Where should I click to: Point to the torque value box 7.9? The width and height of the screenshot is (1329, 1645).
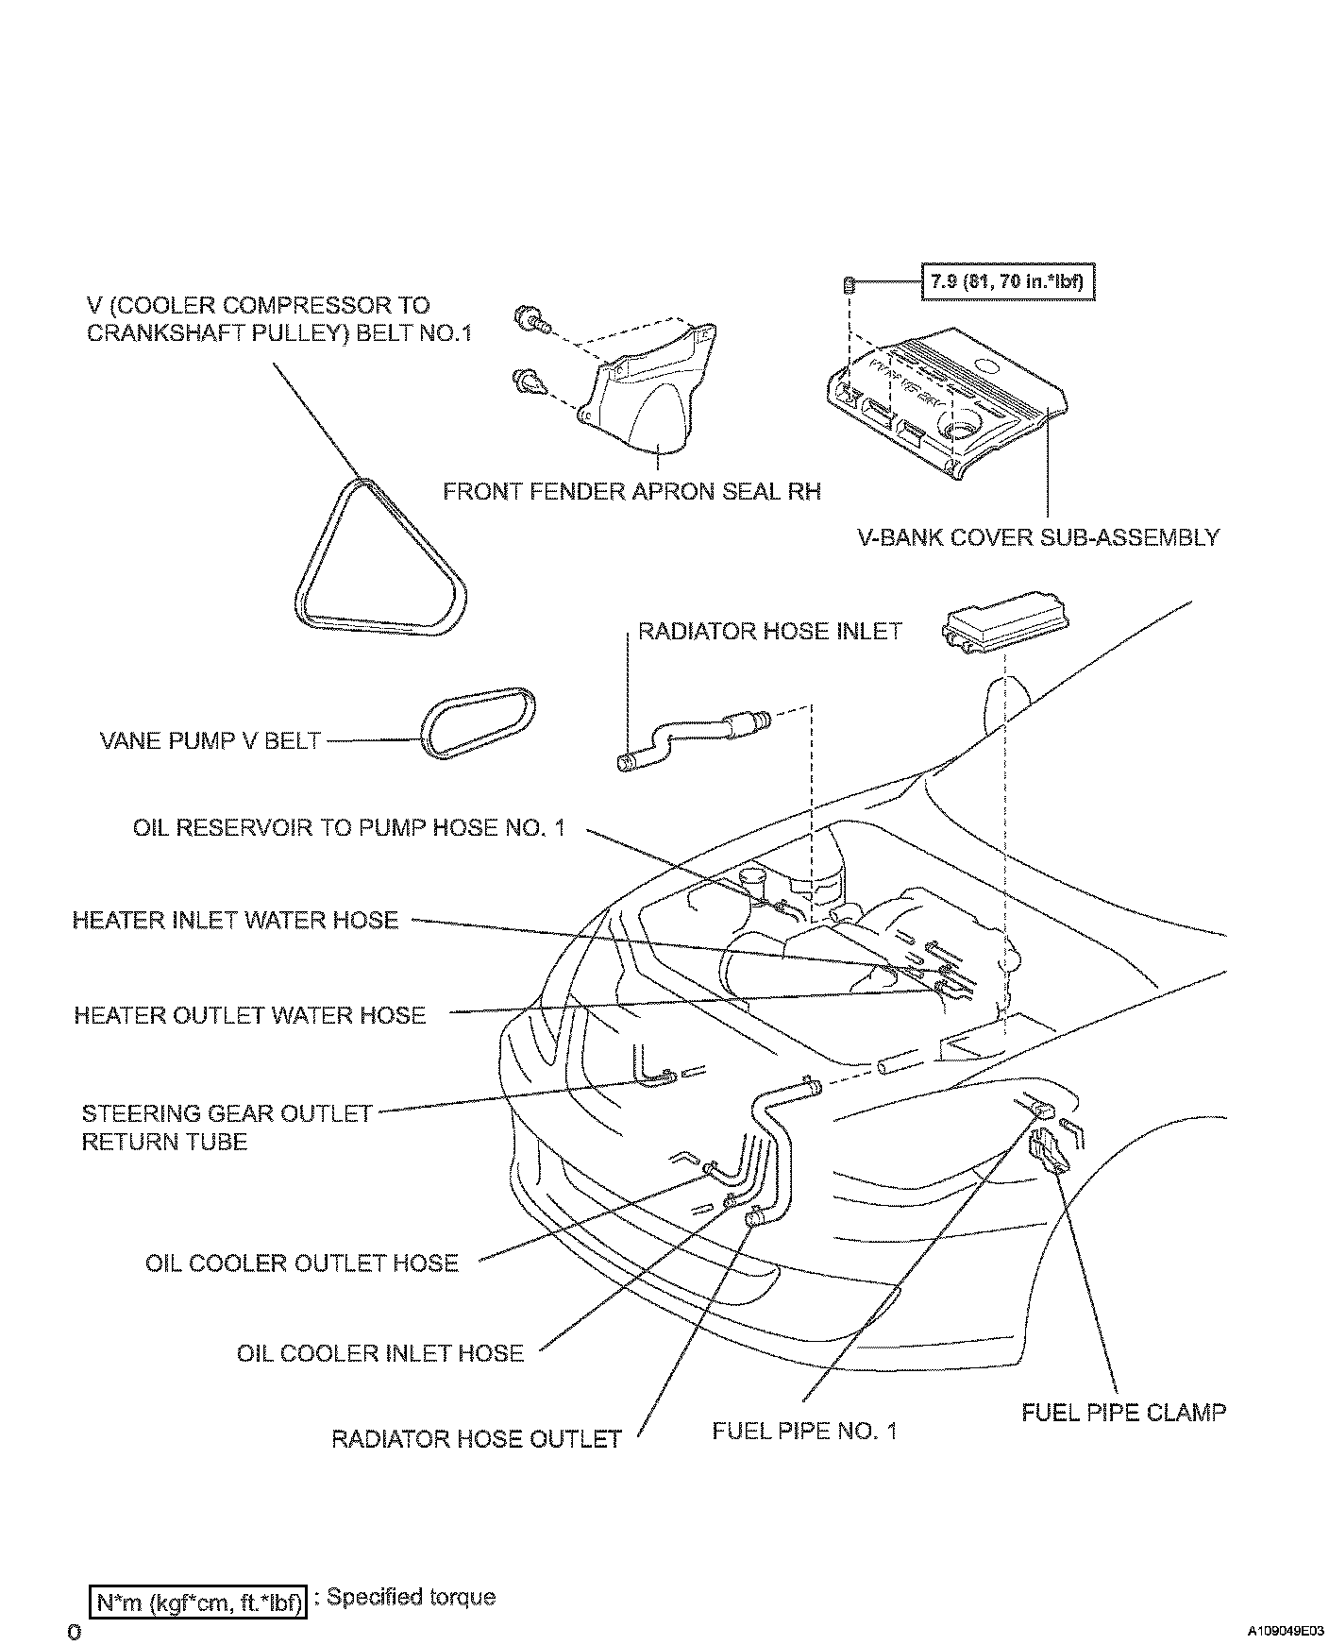[x=1007, y=281]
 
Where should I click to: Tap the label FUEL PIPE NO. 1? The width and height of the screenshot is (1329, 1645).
[x=804, y=1430]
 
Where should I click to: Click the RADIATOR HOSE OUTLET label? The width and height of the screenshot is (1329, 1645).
[x=477, y=1438]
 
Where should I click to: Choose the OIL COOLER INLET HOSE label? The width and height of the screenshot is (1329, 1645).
[x=380, y=1352]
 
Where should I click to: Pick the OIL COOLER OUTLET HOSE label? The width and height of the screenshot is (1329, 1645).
[x=302, y=1263]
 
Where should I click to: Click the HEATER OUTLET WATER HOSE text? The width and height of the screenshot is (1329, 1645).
[x=250, y=1015]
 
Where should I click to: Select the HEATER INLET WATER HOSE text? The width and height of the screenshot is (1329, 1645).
[x=236, y=920]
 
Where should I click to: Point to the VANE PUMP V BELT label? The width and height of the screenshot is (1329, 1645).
[x=210, y=740]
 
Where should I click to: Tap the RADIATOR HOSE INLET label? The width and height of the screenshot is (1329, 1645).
[x=770, y=631]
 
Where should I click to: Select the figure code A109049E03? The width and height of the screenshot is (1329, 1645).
[x=1284, y=1631]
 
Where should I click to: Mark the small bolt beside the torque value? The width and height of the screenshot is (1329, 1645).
[x=848, y=283]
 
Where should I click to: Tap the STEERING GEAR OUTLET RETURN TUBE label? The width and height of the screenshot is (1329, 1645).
[x=227, y=1127]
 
